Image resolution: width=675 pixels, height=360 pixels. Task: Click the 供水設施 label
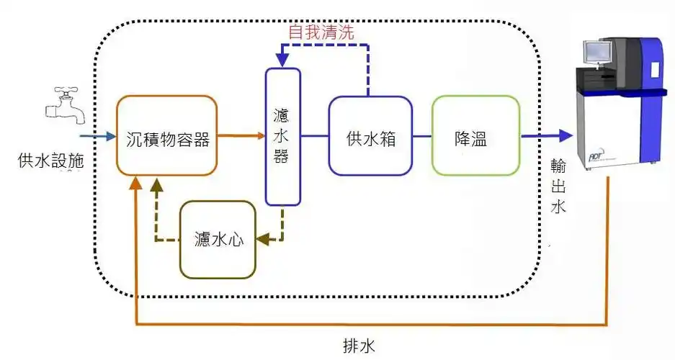(x=50, y=161)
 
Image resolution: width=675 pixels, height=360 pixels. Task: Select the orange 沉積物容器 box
(x=166, y=135)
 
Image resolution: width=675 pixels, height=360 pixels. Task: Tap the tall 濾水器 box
(x=282, y=136)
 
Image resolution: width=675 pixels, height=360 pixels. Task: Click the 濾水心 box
(x=218, y=240)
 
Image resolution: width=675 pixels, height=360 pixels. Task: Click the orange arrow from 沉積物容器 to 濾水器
(x=241, y=135)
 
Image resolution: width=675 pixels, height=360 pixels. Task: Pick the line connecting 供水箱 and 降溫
(x=422, y=135)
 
